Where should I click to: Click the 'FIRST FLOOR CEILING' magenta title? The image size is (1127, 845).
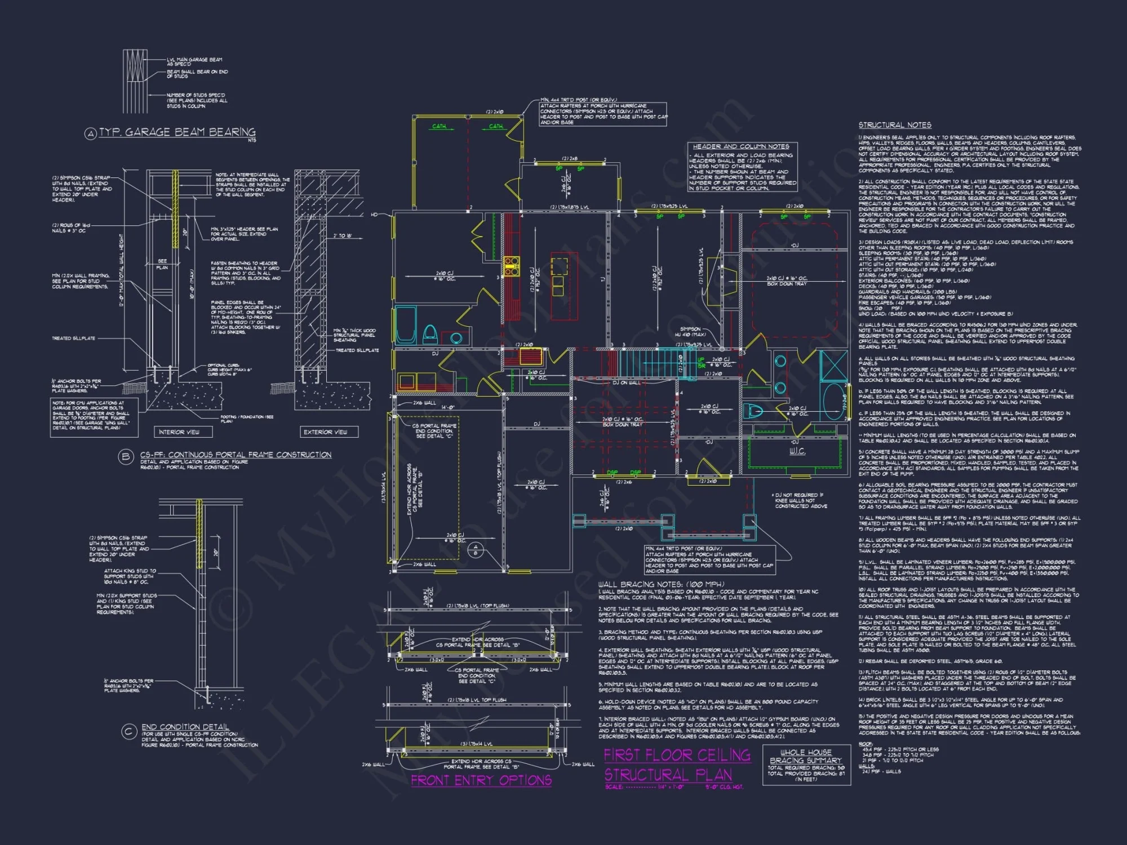click(677, 755)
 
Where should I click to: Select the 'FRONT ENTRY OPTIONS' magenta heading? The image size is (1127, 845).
click(481, 780)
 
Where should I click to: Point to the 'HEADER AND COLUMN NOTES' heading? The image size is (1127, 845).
click(741, 146)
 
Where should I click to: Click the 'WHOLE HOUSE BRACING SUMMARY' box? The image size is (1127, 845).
click(806, 764)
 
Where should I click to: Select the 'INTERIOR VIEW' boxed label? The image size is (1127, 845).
click(179, 432)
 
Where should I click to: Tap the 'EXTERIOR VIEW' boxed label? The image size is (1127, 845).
click(326, 432)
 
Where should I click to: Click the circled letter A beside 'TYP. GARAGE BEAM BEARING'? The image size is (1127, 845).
click(90, 134)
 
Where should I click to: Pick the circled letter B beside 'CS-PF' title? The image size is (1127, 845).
click(125, 457)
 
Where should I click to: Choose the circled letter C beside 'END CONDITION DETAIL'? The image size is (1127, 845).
click(129, 732)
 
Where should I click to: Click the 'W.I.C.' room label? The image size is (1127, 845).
click(797, 451)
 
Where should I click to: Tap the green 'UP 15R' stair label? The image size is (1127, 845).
click(701, 362)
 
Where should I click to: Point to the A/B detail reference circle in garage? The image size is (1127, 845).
click(475, 550)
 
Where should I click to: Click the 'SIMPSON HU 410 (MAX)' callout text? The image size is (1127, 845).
click(691, 332)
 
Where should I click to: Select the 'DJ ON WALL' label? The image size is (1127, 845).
click(627, 383)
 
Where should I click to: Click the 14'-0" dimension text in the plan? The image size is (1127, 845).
click(447, 407)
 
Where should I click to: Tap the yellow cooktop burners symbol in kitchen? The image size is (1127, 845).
click(511, 266)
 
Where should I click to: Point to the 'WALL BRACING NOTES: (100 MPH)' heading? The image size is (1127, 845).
click(661, 585)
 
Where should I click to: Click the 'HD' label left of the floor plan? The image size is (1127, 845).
click(374, 215)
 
